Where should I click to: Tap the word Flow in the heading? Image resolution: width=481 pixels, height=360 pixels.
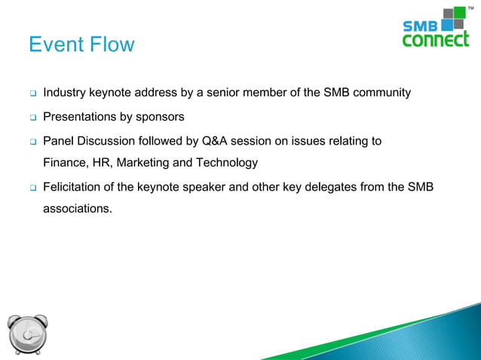pyautogui.click(x=112, y=45)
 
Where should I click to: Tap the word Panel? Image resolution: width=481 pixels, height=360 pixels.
pyautogui.click(x=59, y=141)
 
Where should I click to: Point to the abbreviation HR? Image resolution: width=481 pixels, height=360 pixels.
pyautogui.click(x=103, y=163)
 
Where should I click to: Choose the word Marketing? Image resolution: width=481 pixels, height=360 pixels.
pyautogui.click(x=144, y=163)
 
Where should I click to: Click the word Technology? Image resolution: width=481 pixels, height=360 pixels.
pyautogui.click(x=227, y=163)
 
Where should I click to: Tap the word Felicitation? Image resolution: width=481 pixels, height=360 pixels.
pyautogui.click(x=74, y=187)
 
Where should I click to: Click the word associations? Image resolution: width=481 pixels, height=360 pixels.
pyautogui.click(x=78, y=208)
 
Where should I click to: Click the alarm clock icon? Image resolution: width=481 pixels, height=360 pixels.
pyautogui.click(x=28, y=332)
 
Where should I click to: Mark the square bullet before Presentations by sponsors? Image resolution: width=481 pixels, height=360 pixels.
pyautogui.click(x=32, y=118)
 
